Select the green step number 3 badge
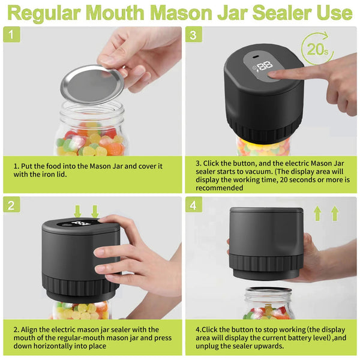click(x=192, y=36)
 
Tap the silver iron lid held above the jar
click(x=92, y=83)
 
